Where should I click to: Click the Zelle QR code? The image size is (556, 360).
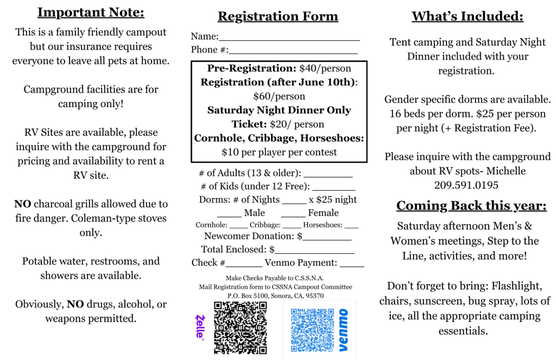[x=240, y=328]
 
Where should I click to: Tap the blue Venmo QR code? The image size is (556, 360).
[x=312, y=330]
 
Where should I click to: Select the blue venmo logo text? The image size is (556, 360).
[x=343, y=330]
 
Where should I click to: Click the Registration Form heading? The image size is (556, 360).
[x=277, y=16]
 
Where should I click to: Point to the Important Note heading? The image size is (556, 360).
[x=91, y=12]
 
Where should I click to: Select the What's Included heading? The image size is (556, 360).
[x=467, y=16]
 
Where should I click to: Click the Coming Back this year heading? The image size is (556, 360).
[x=471, y=206]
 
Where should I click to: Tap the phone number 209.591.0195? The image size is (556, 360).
[x=466, y=185]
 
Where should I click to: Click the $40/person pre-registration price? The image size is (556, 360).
[x=325, y=68]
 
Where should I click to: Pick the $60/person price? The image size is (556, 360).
[x=279, y=97]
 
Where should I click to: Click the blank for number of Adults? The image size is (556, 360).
[x=328, y=176]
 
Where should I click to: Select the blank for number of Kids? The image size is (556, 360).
[x=334, y=190]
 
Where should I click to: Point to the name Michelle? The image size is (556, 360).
[x=506, y=171]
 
